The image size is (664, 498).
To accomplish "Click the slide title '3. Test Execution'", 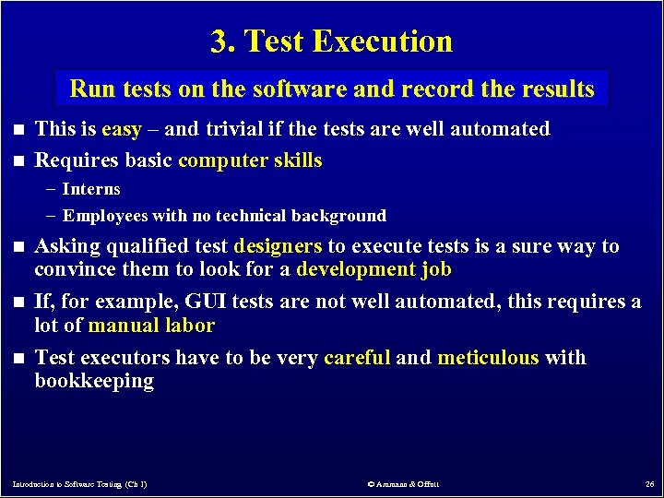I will [x=332, y=41].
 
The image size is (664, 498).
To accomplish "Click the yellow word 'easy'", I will [x=121, y=129].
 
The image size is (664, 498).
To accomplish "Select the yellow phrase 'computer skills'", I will [x=250, y=160].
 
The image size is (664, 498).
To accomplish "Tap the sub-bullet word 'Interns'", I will [x=91, y=189].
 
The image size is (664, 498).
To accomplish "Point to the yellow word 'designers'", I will [x=279, y=246].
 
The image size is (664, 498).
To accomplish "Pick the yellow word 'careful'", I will [x=357, y=357].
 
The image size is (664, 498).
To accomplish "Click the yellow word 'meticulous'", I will [x=488, y=357].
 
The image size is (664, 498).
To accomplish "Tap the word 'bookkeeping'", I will [x=94, y=381].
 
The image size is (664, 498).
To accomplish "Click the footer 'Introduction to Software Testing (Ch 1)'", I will [x=80, y=483].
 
